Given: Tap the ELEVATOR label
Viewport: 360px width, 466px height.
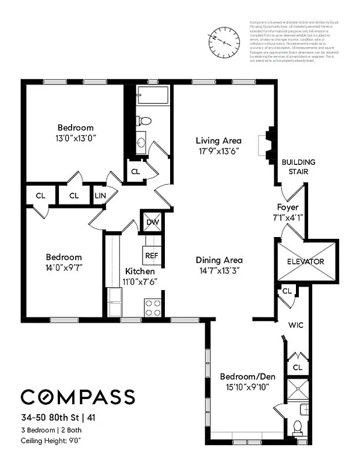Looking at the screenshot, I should coord(305,262).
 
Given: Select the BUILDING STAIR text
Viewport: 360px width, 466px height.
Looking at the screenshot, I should coord(298,167).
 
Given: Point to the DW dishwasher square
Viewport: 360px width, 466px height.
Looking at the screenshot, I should coord(153,221).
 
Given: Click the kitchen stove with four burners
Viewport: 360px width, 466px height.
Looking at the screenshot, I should coord(153,307).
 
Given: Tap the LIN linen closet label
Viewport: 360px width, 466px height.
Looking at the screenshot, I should coord(100,196).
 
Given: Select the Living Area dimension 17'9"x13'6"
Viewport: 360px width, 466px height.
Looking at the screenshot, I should coord(218,151).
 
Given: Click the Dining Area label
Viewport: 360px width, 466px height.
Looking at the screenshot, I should coord(219,260).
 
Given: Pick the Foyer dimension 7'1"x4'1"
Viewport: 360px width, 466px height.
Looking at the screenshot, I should coord(288,217).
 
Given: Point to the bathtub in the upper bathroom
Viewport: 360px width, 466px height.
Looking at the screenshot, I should coord(153,96).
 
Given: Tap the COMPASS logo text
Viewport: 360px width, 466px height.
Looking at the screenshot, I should coord(78,397).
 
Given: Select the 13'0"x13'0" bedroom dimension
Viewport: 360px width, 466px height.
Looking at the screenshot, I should coord(75,139).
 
